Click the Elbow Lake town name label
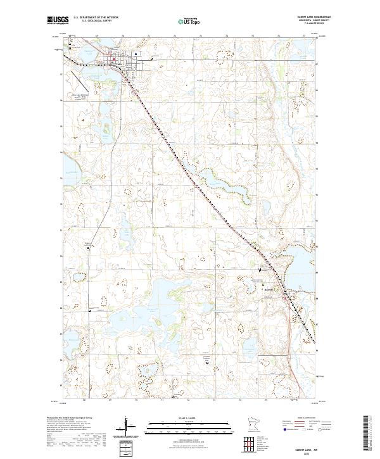coord(120,64)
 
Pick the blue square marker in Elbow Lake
coord(153,54)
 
